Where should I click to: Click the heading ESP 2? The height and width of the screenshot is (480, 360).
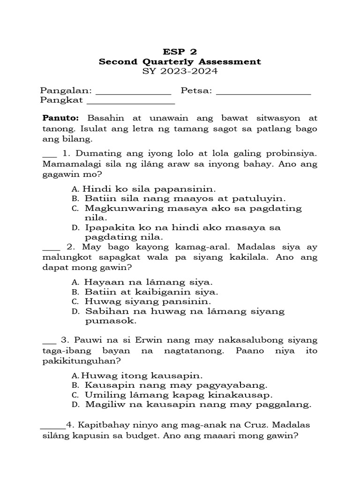coord(180,52)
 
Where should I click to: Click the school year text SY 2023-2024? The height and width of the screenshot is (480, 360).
coord(180,72)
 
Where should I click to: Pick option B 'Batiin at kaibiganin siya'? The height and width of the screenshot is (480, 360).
coord(151,292)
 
